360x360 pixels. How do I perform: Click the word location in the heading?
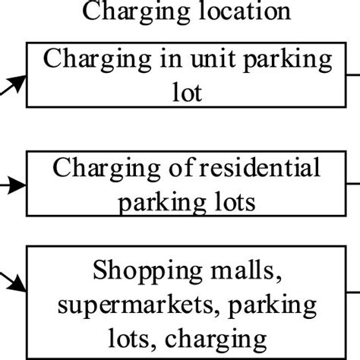click(x=245, y=11)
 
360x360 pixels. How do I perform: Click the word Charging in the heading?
click(x=137, y=12)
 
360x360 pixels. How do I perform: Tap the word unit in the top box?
click(x=213, y=58)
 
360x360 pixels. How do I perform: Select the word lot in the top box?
click(x=188, y=92)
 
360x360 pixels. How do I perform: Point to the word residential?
click(x=260, y=167)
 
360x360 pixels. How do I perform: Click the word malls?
click(x=246, y=270)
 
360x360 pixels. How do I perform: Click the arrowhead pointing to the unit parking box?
click(x=17, y=83)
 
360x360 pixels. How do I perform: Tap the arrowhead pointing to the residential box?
click(x=17, y=185)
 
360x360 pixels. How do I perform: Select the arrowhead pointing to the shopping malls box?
click(x=17, y=284)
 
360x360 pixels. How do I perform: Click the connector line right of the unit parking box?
click(x=353, y=75)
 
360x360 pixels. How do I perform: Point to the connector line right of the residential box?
click(x=353, y=184)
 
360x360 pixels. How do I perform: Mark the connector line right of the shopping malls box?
click(x=353, y=292)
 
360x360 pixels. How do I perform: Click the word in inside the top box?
click(x=171, y=58)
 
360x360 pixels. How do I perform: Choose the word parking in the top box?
click(x=287, y=60)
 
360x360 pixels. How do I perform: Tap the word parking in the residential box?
click(x=162, y=204)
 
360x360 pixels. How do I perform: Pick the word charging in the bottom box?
click(x=216, y=339)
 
